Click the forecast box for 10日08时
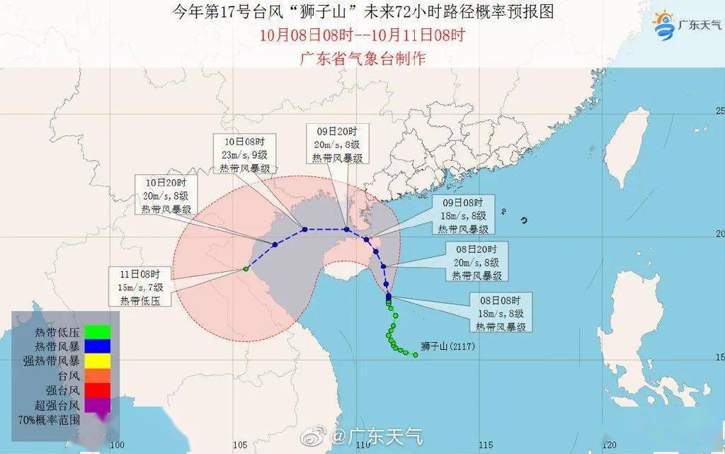click(243, 153)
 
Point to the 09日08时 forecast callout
click(462, 216)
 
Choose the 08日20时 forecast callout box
click(476, 262)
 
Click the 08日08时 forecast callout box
click(501, 313)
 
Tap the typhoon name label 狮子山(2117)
click(447, 347)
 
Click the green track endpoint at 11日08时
click(246, 268)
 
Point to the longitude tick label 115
click(486, 446)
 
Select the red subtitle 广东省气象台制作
click(362, 58)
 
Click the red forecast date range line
click(362, 35)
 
